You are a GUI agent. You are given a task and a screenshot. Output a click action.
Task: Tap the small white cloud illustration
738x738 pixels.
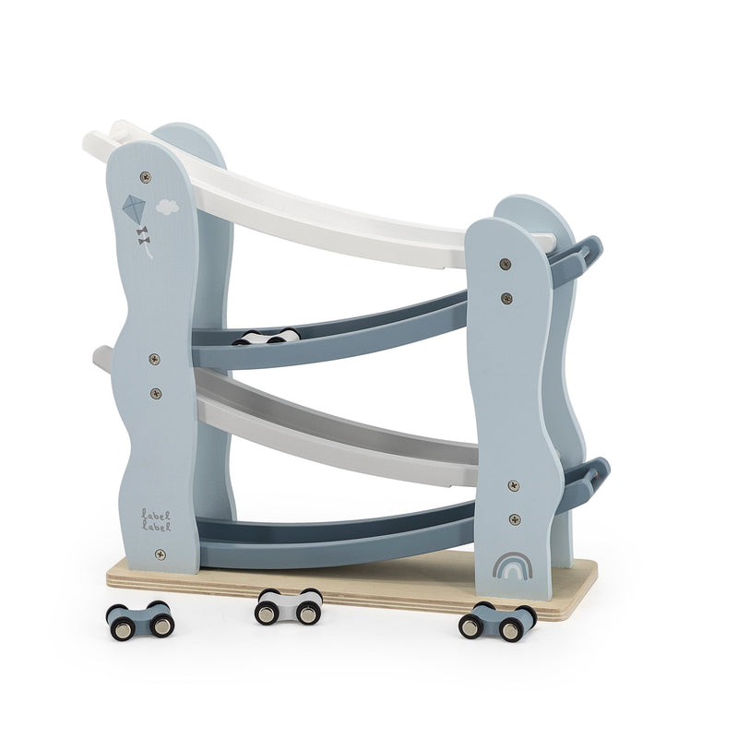pyautogui.click(x=167, y=207)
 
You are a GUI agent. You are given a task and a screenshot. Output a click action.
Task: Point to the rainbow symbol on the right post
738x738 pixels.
pyautogui.click(x=513, y=565)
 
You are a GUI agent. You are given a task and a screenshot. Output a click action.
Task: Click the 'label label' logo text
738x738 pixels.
pyautogui.click(x=156, y=520)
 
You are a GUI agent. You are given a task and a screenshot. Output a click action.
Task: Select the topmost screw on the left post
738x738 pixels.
pyautogui.click(x=146, y=177)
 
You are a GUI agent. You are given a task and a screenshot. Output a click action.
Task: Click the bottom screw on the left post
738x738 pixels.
pyautogui.click(x=161, y=554)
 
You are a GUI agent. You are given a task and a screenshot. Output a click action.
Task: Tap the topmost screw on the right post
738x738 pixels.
pyautogui.click(x=505, y=265)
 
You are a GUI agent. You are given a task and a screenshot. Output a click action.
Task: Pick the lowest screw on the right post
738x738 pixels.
pyautogui.click(x=516, y=519)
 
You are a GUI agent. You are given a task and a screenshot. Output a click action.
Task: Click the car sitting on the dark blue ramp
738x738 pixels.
pyautogui.click(x=267, y=337)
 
